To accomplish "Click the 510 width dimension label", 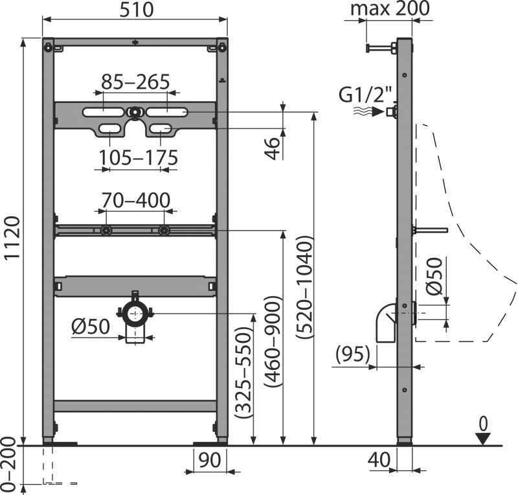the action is coord(136,10).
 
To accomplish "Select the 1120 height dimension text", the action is coord(13,238).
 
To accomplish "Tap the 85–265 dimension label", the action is coord(135,82).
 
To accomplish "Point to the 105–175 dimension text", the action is coord(139,157).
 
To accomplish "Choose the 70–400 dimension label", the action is coord(136,200).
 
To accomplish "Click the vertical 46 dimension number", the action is coord(273,149).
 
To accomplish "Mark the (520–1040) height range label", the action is coord(304,287).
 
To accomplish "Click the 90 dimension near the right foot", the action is coord(210,460).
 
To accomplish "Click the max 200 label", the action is coord(390,8).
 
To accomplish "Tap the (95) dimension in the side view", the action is coord(352,354).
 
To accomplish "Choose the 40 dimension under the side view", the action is coord(379,459).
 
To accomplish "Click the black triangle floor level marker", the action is coord(484,439).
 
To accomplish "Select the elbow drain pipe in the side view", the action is coord(387,323).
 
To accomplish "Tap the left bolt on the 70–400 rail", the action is coord(106,231).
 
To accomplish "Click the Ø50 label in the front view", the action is coord(90,327).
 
